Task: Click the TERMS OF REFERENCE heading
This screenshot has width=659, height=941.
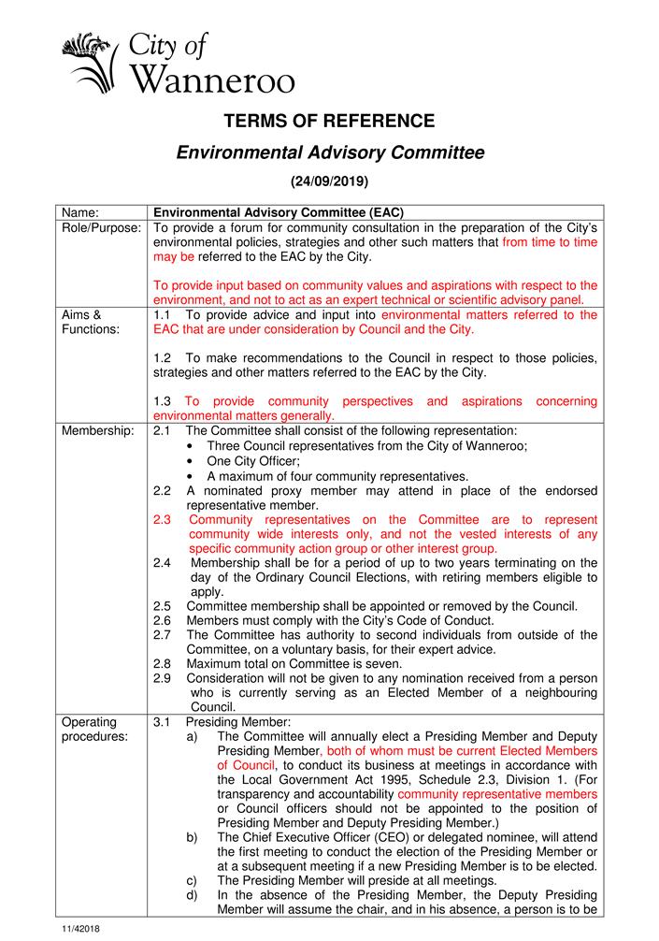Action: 329,121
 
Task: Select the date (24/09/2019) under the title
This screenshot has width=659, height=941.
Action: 329,180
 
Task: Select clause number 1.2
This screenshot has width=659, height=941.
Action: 163,358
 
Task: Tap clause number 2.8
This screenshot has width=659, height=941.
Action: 163,664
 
